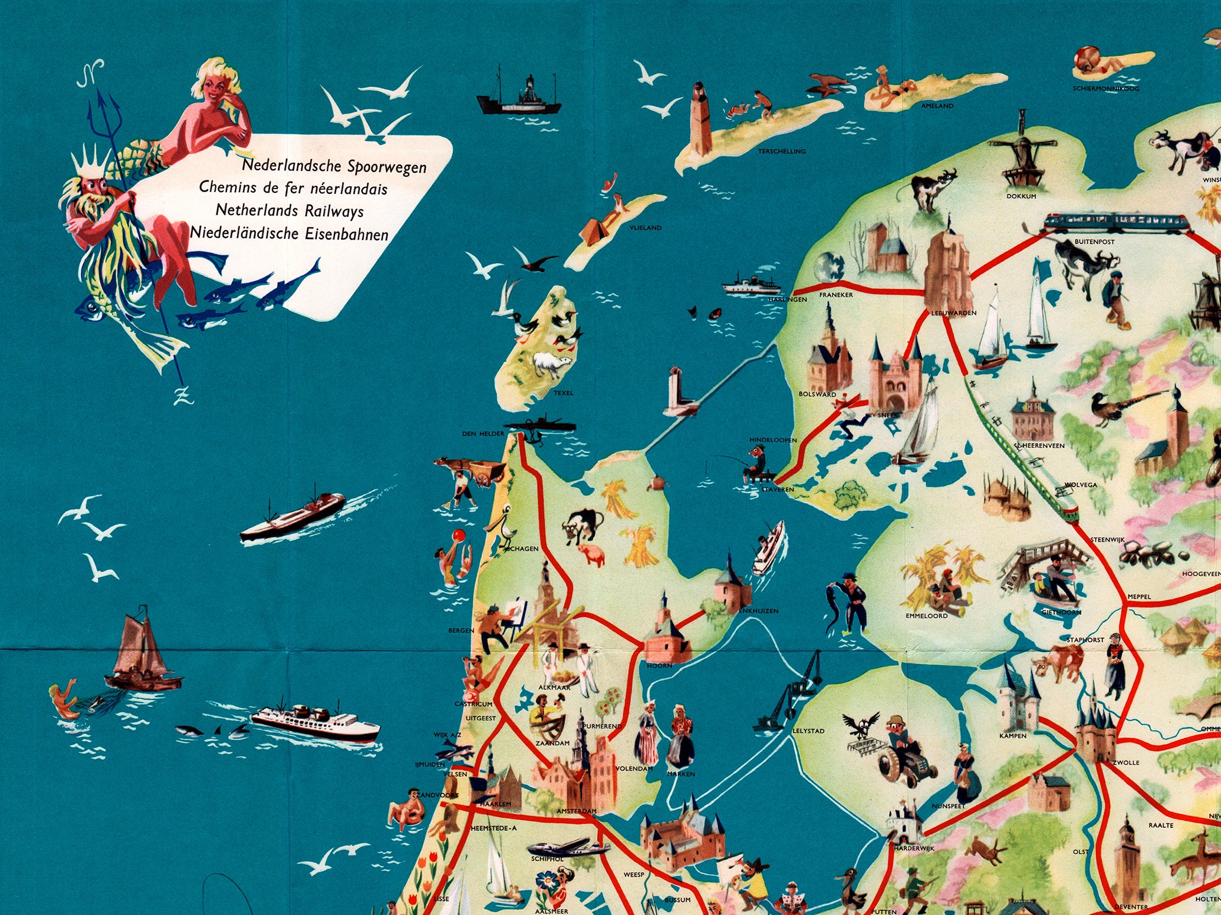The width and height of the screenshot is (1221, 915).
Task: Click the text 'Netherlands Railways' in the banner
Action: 289,210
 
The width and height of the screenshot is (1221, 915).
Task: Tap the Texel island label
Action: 563,393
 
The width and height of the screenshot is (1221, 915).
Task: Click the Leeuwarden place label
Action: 953,313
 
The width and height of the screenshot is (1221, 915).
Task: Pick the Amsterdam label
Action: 576,811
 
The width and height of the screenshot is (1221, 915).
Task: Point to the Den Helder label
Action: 483,434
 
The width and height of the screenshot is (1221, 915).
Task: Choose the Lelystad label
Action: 808,731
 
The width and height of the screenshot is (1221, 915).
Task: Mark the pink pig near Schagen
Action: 593,554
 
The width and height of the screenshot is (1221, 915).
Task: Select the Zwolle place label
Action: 1126,762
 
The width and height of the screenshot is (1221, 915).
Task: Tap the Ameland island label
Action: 937,106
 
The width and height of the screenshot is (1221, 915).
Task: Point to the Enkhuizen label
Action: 758,611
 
